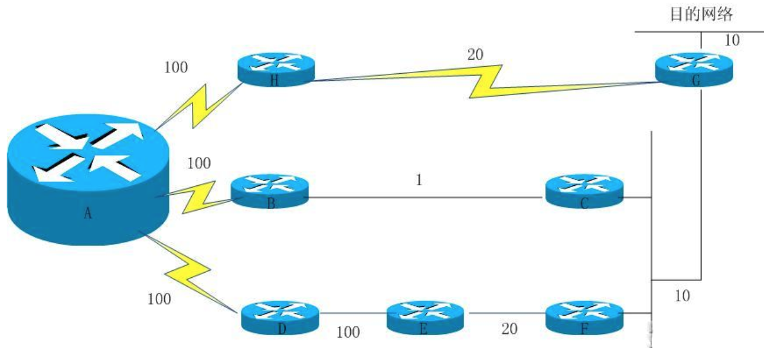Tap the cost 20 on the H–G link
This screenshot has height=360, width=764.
click(x=475, y=55)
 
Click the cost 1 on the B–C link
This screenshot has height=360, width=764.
click(x=419, y=181)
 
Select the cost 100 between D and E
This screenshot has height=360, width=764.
click(x=348, y=333)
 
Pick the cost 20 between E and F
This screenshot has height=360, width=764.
click(x=509, y=329)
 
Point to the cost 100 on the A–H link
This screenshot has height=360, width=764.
click(x=175, y=67)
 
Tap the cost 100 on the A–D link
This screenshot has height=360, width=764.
click(x=159, y=299)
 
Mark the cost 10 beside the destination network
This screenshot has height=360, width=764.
click(x=732, y=41)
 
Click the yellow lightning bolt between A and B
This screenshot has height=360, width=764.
click(x=198, y=198)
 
